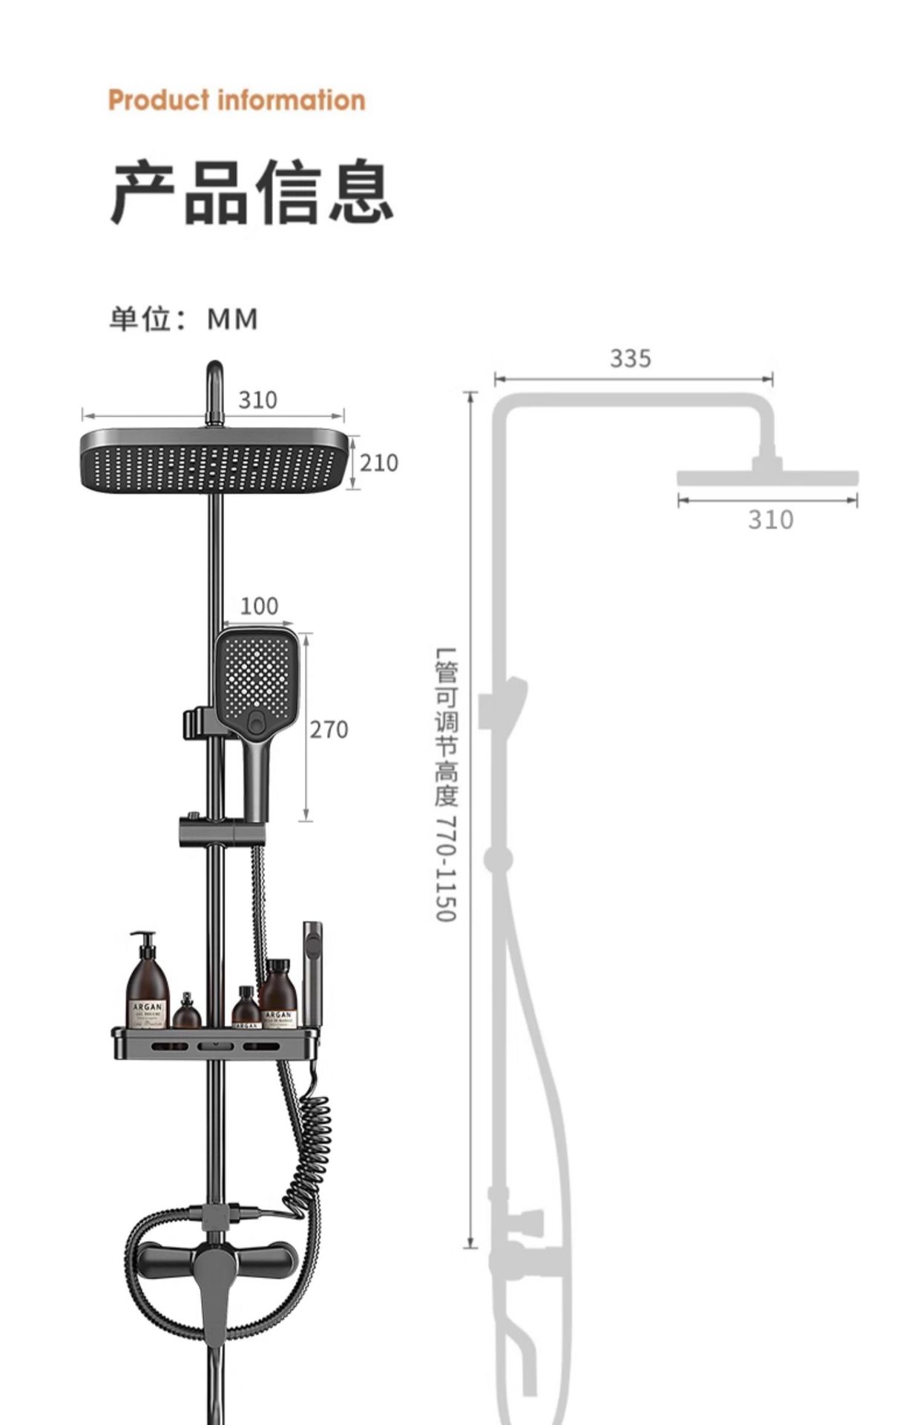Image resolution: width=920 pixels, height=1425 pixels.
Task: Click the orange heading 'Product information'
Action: [237, 100]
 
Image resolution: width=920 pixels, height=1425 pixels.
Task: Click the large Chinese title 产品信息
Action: [252, 191]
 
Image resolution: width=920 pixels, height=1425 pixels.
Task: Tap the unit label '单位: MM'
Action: [184, 319]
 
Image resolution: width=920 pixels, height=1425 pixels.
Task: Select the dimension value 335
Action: [631, 358]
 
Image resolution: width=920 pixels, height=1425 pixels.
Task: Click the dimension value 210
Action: [379, 463]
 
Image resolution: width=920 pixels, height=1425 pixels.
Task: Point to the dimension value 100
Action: [259, 606]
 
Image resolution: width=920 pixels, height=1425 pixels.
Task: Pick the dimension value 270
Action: [329, 730]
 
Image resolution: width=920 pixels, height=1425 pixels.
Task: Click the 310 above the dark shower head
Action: [257, 400]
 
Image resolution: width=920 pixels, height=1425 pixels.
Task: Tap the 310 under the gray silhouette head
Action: [770, 520]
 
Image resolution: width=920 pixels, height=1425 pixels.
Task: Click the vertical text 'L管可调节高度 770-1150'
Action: [447, 784]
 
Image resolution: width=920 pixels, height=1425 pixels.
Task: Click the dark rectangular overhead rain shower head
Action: [214, 460]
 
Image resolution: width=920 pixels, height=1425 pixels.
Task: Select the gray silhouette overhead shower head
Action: [767, 477]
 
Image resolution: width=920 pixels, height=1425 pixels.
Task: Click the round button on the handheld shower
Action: [257, 721]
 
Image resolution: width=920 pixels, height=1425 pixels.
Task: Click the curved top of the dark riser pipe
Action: [214, 379]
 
